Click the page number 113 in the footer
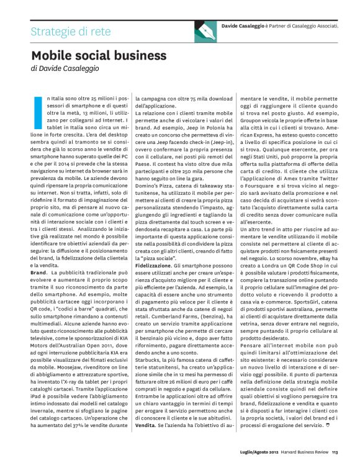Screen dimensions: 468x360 coord(334,451)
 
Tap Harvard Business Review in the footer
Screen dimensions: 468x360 coord(304,451)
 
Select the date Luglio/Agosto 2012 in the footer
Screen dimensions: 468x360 coord(259,451)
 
